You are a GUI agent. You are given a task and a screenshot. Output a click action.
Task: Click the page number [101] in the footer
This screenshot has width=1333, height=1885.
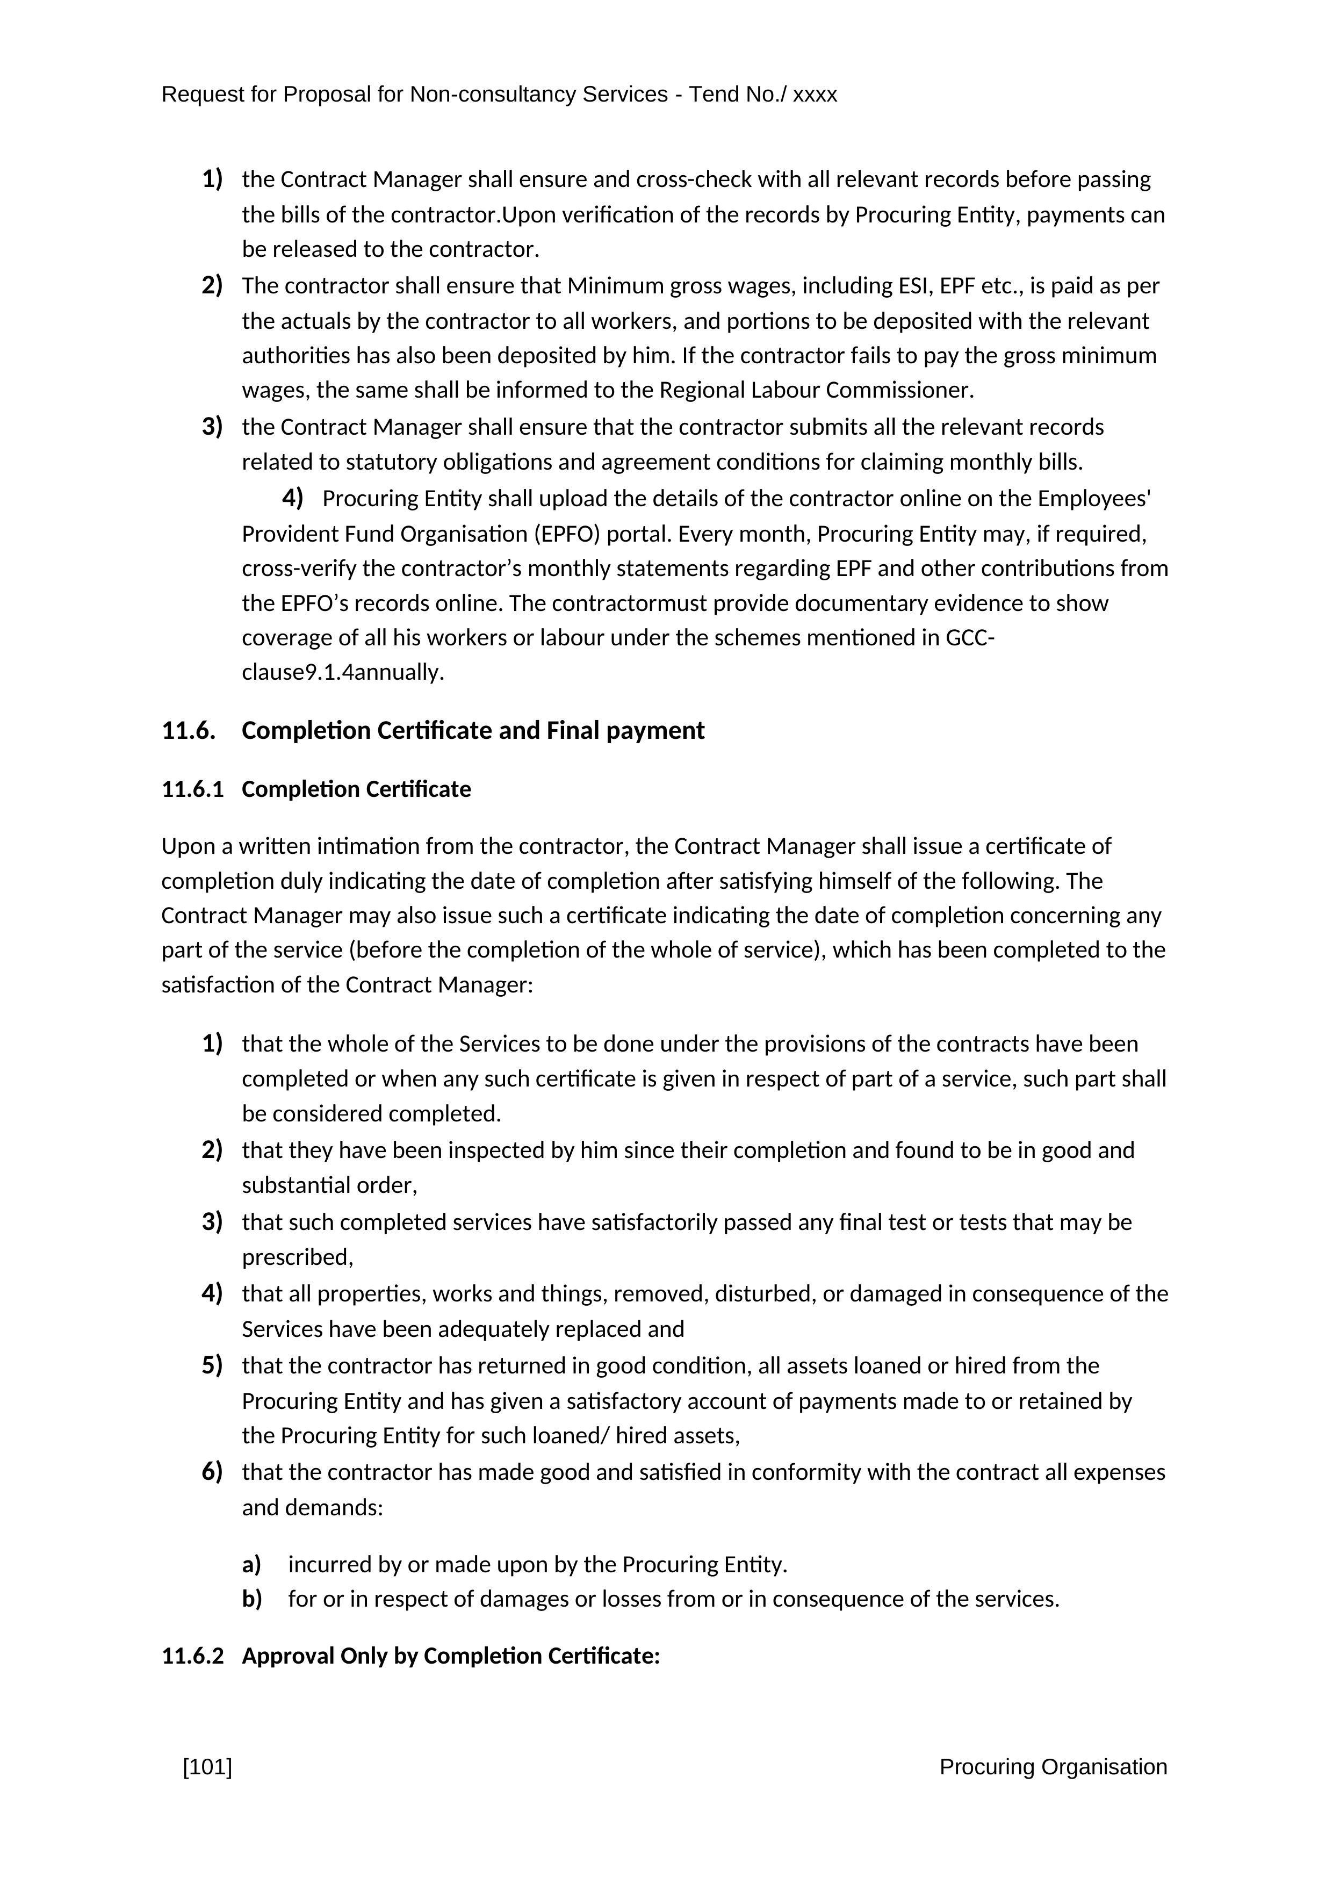[208, 1767]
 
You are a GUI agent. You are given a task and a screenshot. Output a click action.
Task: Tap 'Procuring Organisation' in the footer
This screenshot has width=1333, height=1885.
[1053, 1767]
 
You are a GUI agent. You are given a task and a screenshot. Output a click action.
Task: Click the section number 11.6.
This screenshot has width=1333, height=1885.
[188, 731]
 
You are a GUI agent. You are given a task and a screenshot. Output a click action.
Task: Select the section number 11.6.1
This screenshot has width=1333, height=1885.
[192, 789]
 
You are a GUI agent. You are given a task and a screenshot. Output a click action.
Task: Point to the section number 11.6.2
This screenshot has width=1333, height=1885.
[192, 1656]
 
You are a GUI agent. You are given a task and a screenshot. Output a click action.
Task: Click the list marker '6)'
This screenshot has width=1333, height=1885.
[212, 1472]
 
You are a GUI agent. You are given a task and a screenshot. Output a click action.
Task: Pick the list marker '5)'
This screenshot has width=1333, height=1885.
[212, 1365]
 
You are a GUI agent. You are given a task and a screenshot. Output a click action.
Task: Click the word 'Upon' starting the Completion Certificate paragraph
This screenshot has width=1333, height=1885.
[185, 846]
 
